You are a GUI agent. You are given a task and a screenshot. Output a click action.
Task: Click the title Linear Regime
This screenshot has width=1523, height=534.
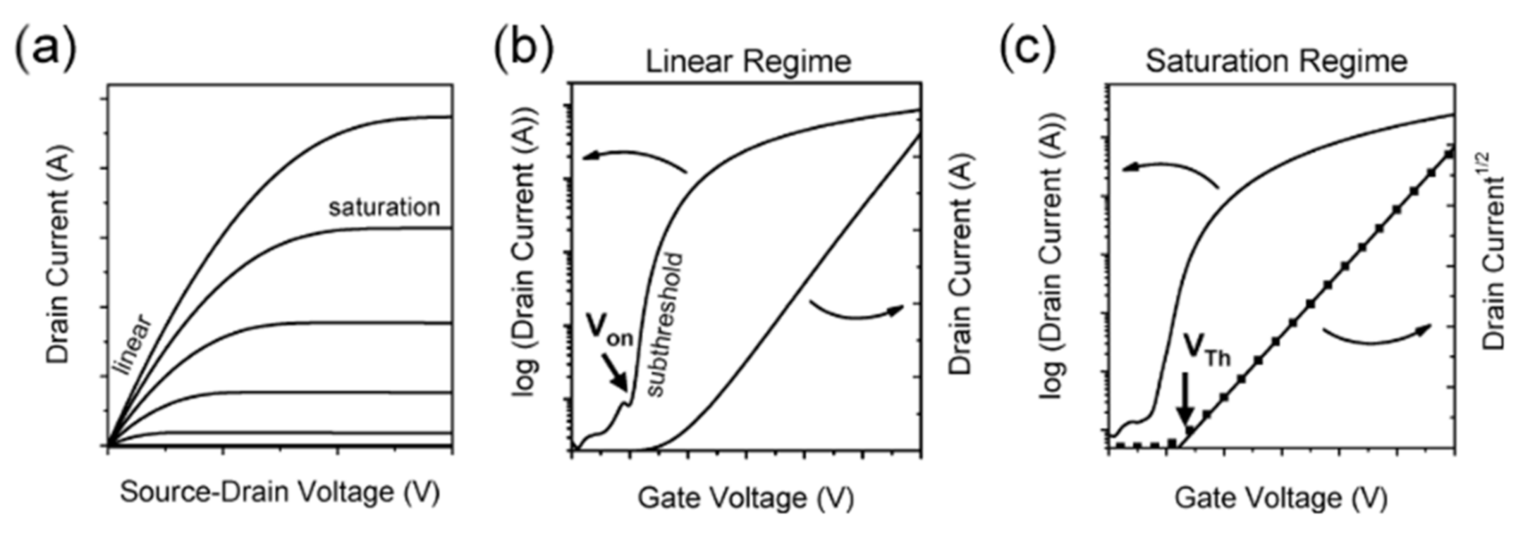(748, 62)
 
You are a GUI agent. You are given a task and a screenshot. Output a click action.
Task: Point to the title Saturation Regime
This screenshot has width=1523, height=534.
(1276, 62)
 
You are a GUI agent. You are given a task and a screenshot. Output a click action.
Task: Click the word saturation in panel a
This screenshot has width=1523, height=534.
(384, 207)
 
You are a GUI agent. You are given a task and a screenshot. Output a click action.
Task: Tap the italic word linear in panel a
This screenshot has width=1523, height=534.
(132, 345)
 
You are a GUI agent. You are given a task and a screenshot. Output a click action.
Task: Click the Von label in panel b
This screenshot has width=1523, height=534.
(609, 329)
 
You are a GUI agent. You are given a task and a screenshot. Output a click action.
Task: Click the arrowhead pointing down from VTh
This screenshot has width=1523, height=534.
(1186, 416)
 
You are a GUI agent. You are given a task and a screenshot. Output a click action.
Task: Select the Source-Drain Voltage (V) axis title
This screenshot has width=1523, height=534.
(280, 492)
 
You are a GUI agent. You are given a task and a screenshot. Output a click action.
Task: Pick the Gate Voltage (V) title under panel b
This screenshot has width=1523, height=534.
(745, 498)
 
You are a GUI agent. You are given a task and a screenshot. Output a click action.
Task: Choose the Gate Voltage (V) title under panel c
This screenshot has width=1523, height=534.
(1280, 498)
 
